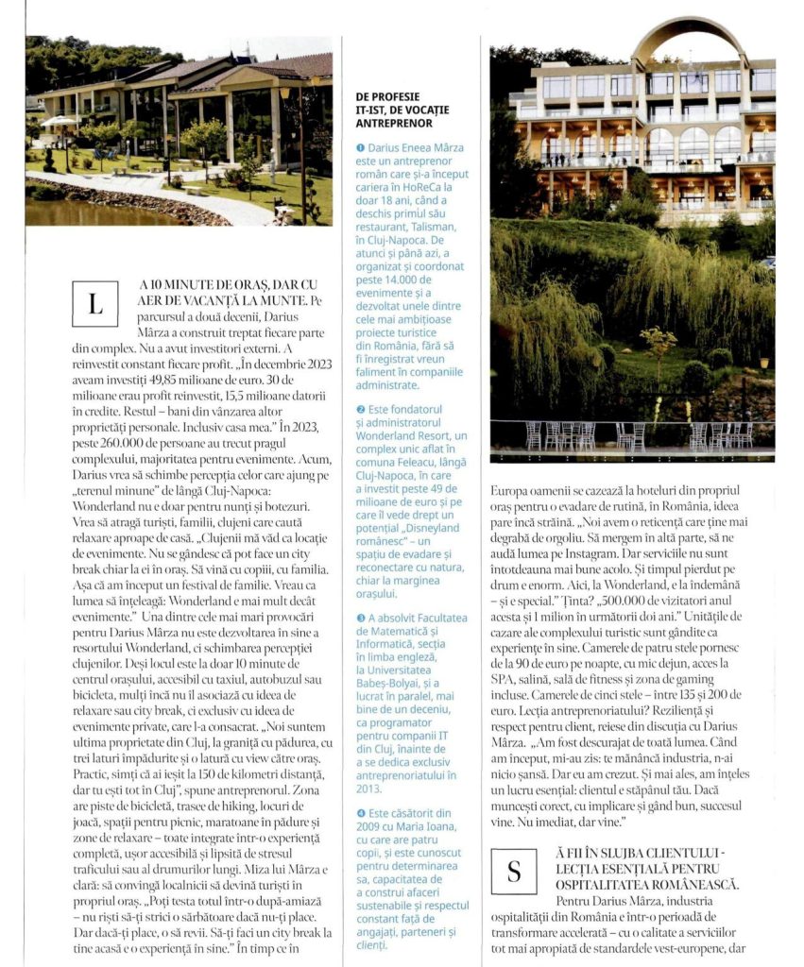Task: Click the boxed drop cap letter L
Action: pos(94,304)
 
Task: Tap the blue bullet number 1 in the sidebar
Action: pos(360,148)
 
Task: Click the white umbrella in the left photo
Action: pos(59,121)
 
